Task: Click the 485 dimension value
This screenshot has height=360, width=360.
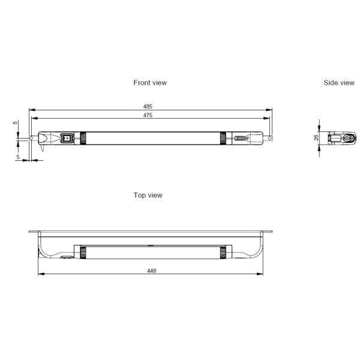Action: (148, 106)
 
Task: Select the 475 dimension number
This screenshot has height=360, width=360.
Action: (148, 115)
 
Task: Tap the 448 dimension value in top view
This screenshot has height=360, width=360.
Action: (152, 271)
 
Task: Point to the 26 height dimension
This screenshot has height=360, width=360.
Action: (316, 137)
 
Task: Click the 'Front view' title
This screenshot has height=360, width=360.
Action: (150, 83)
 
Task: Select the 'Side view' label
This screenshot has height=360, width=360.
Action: (338, 83)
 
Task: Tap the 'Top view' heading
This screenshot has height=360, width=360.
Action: (148, 195)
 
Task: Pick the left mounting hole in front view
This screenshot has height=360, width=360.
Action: (31, 139)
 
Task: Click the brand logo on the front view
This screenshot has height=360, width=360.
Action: (241, 139)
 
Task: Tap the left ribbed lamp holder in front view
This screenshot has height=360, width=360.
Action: (83, 138)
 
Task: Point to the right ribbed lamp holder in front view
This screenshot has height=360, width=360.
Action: (223, 138)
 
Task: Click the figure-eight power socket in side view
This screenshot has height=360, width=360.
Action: (345, 138)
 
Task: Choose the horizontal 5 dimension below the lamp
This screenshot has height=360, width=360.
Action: (18, 157)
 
